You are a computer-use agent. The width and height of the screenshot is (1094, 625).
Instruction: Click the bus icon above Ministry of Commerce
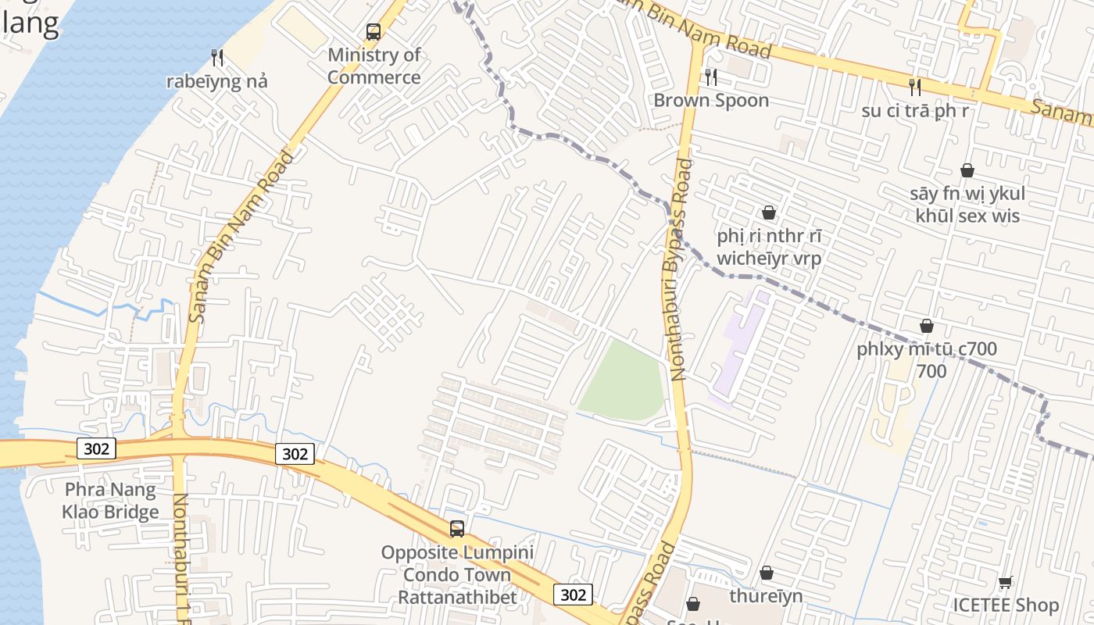click(x=374, y=32)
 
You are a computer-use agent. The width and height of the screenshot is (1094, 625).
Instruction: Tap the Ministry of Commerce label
click(x=374, y=66)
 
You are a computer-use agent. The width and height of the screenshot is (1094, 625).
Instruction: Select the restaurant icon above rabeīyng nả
click(x=217, y=57)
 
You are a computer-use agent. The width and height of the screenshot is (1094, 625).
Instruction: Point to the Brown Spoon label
click(x=711, y=100)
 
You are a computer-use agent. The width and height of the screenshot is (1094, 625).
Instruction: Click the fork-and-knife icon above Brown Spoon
click(x=711, y=77)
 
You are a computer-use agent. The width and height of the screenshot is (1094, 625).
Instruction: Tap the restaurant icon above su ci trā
click(x=915, y=87)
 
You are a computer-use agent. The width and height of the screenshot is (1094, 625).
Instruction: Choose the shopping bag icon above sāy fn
click(x=967, y=170)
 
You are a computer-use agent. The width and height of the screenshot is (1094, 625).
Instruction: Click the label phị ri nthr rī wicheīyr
click(x=769, y=247)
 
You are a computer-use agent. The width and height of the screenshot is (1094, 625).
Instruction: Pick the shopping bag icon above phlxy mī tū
click(x=927, y=326)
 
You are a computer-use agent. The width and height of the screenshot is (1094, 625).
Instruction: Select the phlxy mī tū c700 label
click(x=927, y=359)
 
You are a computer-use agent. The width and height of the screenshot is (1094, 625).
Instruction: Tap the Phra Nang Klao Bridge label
click(x=110, y=501)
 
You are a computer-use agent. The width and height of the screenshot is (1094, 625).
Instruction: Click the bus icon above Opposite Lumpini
click(x=457, y=529)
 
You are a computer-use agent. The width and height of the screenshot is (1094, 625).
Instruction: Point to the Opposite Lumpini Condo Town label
click(x=457, y=575)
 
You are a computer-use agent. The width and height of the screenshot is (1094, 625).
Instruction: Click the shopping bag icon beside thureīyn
click(x=767, y=573)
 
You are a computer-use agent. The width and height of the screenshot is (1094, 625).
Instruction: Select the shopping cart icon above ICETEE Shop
click(x=1006, y=582)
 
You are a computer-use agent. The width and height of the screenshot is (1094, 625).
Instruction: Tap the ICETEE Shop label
click(x=1006, y=605)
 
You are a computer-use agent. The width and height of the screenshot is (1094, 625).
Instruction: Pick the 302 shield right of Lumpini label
click(x=574, y=595)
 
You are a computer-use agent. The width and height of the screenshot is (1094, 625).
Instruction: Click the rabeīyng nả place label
click(x=217, y=81)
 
